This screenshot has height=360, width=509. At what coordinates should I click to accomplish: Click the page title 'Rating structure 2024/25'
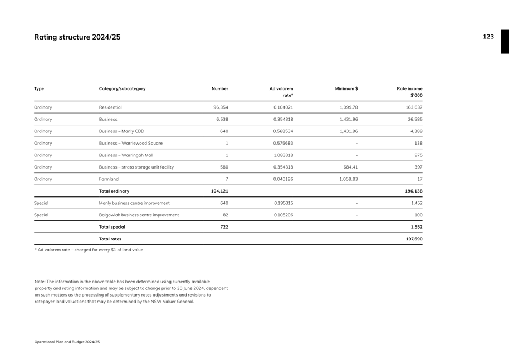click(x=77, y=37)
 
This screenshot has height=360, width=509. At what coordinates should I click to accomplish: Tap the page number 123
click(x=488, y=37)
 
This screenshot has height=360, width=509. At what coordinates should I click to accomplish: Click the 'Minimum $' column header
click(x=346, y=88)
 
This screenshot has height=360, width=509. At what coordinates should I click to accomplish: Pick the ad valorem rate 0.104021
click(x=283, y=107)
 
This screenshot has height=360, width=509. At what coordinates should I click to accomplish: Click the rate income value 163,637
click(x=414, y=107)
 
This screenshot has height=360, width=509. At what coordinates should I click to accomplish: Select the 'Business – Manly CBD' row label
click(x=121, y=131)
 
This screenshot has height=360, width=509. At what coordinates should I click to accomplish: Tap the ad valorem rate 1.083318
click(x=283, y=155)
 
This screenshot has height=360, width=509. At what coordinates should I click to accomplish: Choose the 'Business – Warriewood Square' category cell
click(x=131, y=144)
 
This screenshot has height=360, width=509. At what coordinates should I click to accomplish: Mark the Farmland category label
click(x=109, y=179)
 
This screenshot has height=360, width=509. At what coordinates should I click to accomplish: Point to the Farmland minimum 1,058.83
click(x=349, y=179)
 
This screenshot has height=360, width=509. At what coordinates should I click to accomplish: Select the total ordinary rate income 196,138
click(x=413, y=191)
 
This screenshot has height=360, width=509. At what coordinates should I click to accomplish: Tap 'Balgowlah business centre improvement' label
click(x=139, y=215)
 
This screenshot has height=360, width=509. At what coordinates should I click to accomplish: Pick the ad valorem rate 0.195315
click(x=283, y=203)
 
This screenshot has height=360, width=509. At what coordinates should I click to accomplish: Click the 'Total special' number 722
click(x=223, y=227)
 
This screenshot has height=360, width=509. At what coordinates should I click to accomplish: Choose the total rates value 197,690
click(x=414, y=239)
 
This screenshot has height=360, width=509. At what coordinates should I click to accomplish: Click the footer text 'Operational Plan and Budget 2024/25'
click(x=67, y=342)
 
